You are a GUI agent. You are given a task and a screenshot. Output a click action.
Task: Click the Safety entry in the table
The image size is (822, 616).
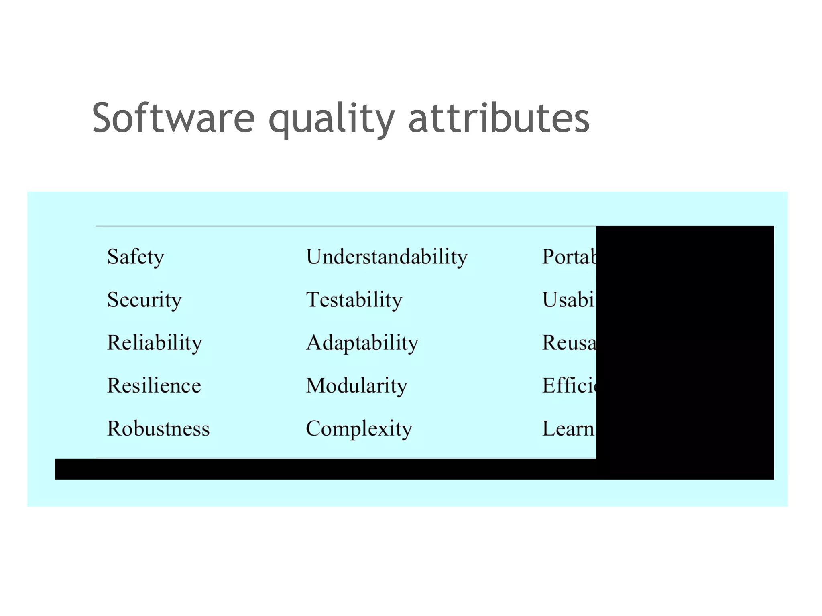[x=136, y=257]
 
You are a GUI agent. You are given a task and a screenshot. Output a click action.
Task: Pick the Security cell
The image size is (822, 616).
[x=144, y=300]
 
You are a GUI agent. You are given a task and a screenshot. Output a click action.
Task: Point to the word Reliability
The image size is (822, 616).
[x=155, y=343]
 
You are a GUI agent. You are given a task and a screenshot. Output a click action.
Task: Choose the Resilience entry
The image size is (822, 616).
[x=154, y=386]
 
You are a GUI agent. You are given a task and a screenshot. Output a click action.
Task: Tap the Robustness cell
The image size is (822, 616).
[x=158, y=428]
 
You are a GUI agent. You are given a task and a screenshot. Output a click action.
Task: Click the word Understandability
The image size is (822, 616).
[x=387, y=257]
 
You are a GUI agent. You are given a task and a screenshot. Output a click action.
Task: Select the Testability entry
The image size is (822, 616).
[x=354, y=300]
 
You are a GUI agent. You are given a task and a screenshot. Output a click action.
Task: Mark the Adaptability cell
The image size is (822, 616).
[x=362, y=343]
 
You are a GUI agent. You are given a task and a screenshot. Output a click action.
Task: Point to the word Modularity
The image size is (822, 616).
[x=356, y=386]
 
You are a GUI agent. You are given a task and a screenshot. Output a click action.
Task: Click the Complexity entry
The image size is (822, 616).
[x=359, y=429]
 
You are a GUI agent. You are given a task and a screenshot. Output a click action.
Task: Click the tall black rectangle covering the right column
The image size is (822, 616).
[x=685, y=345]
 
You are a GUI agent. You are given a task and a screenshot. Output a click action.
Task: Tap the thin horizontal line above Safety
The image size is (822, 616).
[x=345, y=226]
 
